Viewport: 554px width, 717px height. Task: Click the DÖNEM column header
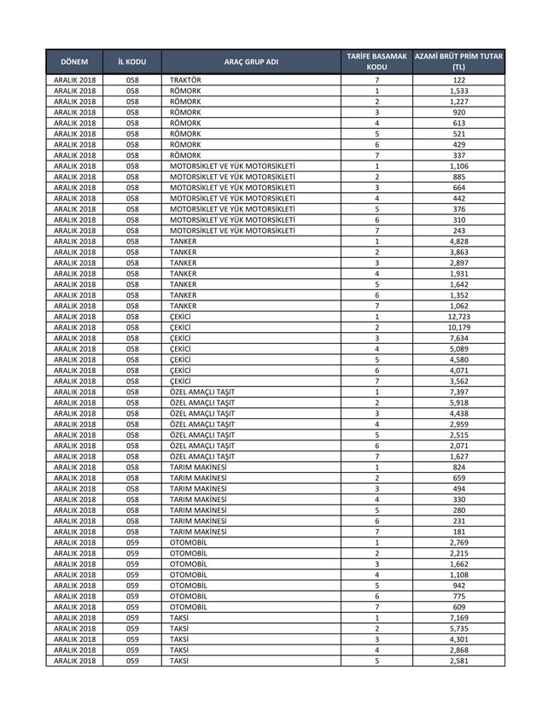[x=74, y=62]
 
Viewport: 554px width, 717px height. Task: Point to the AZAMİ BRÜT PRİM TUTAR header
[x=459, y=61]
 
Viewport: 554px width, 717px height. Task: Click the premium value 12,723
[x=459, y=317]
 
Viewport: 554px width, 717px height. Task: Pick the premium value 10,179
[x=459, y=327]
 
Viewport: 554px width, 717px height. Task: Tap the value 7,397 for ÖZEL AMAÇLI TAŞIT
[x=459, y=392]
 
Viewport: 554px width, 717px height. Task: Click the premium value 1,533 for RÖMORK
[x=459, y=90]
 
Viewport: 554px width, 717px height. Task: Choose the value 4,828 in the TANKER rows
[x=459, y=242]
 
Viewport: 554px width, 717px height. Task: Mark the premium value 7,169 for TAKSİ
[x=459, y=618]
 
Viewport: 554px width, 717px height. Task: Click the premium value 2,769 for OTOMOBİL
[x=459, y=543]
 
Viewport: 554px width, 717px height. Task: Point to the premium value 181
[x=459, y=532]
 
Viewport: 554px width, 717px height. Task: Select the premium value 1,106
[x=459, y=166]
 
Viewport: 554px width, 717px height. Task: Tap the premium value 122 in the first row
[x=459, y=79]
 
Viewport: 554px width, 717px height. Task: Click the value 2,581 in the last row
[x=459, y=661]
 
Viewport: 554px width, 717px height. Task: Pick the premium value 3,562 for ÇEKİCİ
[x=459, y=381]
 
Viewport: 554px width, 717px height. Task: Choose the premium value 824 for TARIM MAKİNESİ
[x=459, y=467]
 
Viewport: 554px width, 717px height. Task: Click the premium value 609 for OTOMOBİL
[x=459, y=607]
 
